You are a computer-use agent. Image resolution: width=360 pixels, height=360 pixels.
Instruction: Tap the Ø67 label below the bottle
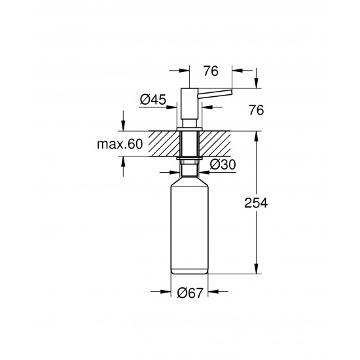click(189, 295)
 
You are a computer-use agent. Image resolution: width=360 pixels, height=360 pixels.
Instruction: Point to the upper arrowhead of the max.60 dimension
click(122, 128)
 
